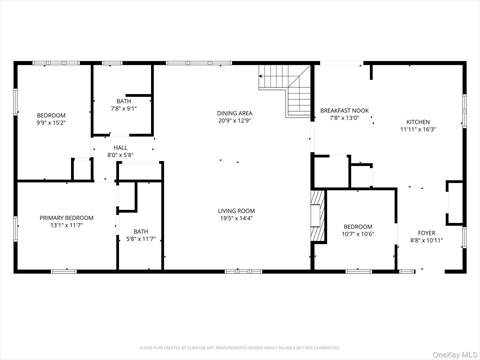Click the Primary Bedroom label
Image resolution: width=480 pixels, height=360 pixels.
tap(67, 217)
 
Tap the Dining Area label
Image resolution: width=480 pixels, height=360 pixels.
tap(235, 113)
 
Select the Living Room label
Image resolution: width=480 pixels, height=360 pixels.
tap(237, 211)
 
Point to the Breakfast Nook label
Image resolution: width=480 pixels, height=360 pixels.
tap(344, 110)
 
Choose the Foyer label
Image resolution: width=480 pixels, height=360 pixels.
tap(427, 233)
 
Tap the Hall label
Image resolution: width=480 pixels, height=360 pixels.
tap(120, 148)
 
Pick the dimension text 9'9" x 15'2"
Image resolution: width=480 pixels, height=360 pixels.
tap(51, 123)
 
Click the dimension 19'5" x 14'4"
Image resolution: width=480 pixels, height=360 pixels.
tap(237, 218)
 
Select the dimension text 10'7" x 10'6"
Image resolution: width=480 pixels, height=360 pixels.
tap(357, 233)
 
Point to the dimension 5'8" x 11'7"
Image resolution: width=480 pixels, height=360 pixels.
tap(141, 238)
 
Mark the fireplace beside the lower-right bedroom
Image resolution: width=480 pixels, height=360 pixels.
tap(319, 211)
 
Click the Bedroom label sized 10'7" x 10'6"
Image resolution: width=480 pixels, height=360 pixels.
tap(357, 226)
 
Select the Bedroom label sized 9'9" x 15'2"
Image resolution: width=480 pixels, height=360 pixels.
tap(51, 116)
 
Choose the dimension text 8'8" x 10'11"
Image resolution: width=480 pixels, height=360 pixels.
tap(427, 240)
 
